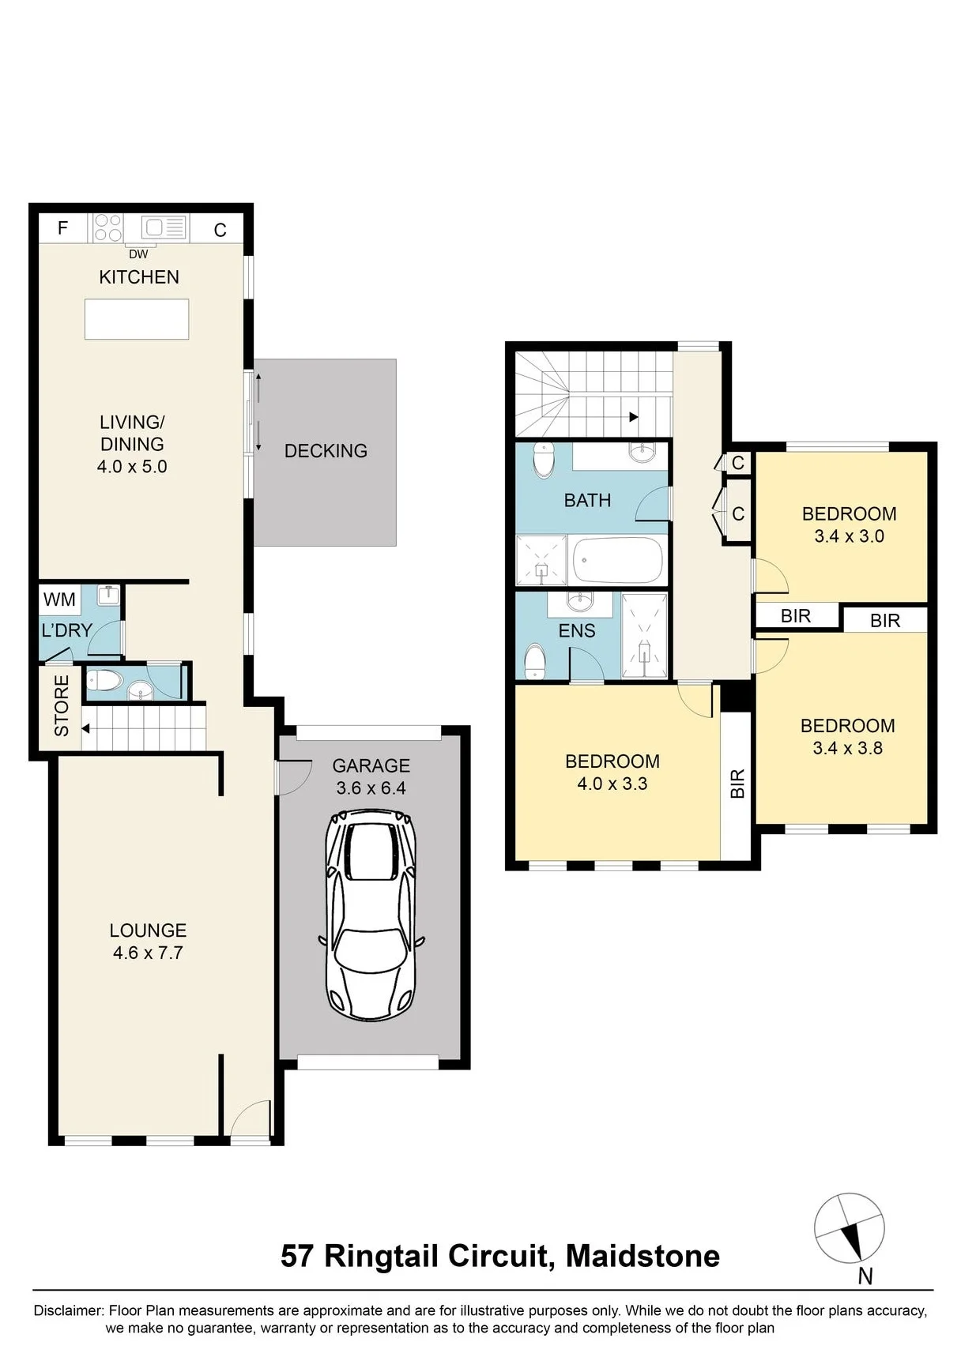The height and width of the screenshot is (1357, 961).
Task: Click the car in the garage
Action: pos(371,914)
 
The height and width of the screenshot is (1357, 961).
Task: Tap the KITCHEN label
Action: pos(139,277)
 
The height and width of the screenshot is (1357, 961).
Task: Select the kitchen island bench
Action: pos(137,319)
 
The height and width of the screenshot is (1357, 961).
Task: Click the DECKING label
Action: pos(326,451)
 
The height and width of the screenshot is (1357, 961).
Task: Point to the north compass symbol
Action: pos(850,1229)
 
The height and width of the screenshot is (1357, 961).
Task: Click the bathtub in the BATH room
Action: pos(617,561)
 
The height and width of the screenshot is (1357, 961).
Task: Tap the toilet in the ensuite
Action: pos(535,661)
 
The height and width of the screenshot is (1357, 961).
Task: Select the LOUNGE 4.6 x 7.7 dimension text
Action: pos(148,953)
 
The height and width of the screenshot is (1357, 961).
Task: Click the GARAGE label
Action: pos(371,765)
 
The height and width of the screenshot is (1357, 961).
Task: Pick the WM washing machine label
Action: pos(59,600)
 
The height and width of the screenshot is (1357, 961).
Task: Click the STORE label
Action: pos(62,706)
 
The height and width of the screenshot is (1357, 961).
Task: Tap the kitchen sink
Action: pos(164,227)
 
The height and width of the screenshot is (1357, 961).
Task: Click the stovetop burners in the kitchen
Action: pos(107,227)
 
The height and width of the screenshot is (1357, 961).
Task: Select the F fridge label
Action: pos(62,228)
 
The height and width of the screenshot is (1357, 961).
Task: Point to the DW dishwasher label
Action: pos(138,254)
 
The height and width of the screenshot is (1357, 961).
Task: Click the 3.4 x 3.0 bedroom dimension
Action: pos(849,536)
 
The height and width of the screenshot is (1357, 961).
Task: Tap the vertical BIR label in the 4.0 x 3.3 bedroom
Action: pos(737,784)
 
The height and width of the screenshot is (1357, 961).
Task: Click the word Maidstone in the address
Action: pos(643,1256)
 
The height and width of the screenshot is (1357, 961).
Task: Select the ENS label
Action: pos(577,631)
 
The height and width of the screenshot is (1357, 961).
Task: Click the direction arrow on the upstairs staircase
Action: pos(633,417)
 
